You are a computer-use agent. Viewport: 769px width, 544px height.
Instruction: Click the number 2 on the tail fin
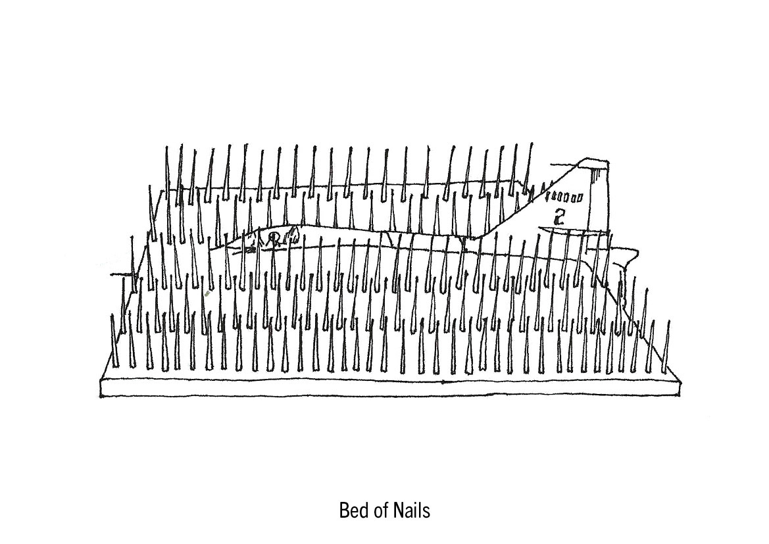click(x=560, y=216)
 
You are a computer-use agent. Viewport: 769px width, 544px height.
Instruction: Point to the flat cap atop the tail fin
click(x=595, y=164)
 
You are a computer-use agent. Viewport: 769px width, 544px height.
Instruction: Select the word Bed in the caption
click(x=353, y=510)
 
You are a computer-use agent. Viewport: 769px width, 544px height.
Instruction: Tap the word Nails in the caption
click(x=412, y=510)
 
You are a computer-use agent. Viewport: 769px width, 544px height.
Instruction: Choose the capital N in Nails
click(x=399, y=510)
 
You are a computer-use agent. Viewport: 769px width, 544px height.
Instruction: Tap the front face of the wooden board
click(x=388, y=387)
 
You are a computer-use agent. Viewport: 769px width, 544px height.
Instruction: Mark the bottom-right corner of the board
click(x=678, y=396)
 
